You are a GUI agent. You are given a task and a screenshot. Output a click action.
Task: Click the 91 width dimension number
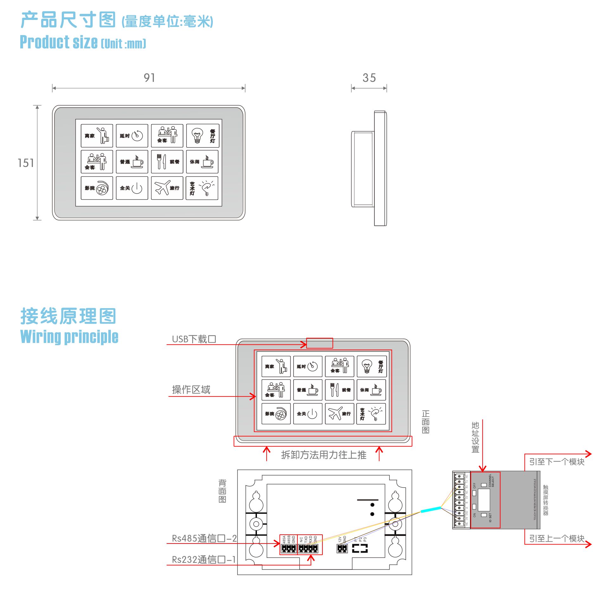pos(149,78)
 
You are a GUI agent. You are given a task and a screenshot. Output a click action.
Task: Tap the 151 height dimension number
pos(26,163)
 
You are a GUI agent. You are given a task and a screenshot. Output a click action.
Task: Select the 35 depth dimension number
pos(369,78)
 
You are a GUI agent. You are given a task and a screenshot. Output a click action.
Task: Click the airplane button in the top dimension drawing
pos(167,188)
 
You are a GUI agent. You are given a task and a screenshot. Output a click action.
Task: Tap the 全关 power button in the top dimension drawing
pos(132,188)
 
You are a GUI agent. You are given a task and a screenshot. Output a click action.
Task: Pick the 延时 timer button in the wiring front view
pos(307,366)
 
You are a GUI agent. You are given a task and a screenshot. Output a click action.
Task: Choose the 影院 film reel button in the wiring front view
pos(276,414)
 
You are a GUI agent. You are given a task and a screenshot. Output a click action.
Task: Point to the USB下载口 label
pos(194,339)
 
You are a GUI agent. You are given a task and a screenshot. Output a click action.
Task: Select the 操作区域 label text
pos(191,390)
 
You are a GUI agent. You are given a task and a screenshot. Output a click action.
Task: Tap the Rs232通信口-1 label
pos(204,559)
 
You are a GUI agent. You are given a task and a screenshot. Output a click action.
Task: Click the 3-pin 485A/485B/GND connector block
pos(289,548)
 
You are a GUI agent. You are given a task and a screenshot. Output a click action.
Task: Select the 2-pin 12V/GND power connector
pos(342,548)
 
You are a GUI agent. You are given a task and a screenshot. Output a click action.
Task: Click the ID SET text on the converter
pos(490,518)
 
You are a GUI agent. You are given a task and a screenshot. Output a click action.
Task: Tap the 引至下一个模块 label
pos(556,462)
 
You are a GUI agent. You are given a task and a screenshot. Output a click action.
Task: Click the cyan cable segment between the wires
pos(430,509)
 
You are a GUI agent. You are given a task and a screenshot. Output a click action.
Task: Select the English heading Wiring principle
pos(69,337)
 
